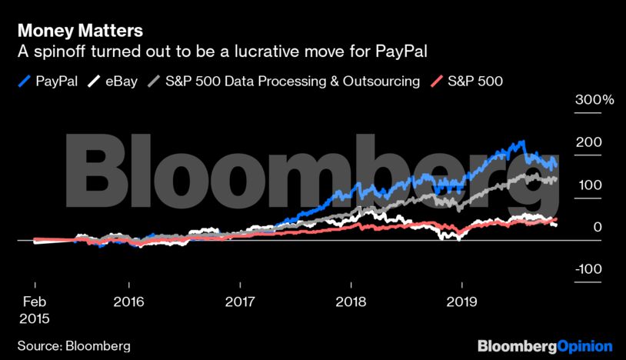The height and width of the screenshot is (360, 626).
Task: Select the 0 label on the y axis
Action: coord(588,228)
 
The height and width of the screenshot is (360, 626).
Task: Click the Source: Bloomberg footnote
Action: coord(74,345)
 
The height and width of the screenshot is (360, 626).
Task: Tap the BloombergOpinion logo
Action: coord(544,345)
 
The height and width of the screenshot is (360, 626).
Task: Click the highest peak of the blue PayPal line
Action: coord(523,142)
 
